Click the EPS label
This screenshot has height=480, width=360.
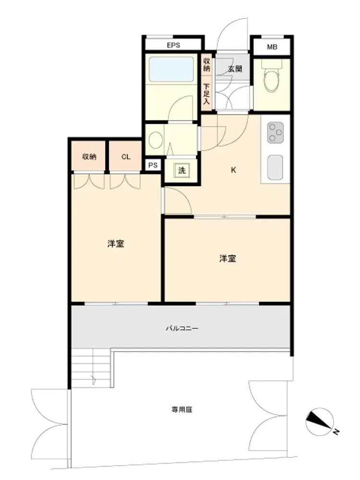173,45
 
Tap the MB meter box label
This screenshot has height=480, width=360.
272,47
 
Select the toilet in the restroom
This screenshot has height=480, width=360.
271,76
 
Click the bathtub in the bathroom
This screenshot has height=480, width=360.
171,69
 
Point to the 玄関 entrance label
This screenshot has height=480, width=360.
235,69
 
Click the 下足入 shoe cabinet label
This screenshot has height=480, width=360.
206,94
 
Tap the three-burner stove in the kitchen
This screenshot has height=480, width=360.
275,132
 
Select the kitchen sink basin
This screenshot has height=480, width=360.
275,168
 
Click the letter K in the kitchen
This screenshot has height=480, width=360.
233,170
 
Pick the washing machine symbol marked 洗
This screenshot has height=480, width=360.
182,170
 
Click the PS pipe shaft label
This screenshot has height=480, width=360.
153,165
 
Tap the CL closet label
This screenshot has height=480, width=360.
126,157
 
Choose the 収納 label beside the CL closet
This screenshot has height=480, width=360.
89,157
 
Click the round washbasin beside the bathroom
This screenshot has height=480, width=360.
156,140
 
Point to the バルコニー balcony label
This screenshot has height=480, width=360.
182,328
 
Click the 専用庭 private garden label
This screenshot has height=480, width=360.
182,409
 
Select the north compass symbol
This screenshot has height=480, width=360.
320,422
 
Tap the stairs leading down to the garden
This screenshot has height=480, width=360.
91,369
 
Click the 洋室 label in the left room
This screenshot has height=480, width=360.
116,244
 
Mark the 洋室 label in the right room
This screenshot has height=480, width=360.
228,259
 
